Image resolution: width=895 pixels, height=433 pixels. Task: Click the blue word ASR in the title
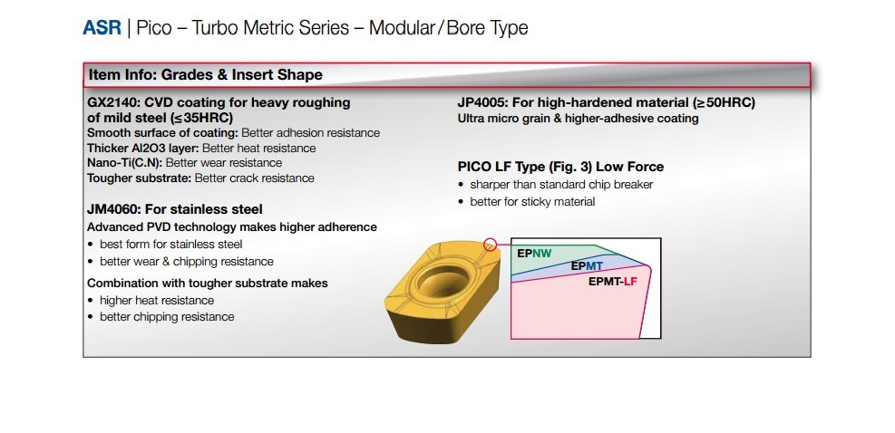point(102,27)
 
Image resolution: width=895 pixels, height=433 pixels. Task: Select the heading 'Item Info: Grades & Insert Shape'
point(206,75)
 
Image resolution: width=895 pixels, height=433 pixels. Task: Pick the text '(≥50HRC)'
point(724,102)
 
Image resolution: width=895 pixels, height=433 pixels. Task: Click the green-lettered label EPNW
point(534,254)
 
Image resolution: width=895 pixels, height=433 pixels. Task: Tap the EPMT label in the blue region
point(587,266)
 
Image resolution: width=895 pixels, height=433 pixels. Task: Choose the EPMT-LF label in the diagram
point(612,281)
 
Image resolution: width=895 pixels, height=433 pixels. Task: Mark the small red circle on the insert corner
point(491,245)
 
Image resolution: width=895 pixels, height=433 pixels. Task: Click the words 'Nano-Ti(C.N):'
point(125,163)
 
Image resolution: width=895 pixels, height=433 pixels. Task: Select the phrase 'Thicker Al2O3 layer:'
point(143,149)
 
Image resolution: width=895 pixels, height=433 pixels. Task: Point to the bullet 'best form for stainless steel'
point(171,245)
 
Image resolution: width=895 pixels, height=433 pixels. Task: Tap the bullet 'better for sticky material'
point(532,201)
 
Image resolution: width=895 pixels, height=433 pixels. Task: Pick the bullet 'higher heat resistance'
point(157,301)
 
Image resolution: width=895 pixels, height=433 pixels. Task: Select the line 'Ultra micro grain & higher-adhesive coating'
point(579,119)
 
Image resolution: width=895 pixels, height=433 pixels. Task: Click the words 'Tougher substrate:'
point(140,178)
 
